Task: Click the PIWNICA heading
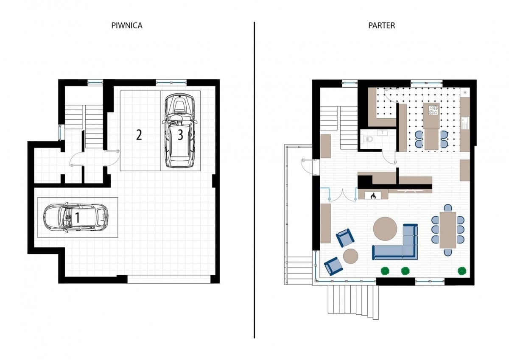point(127,25)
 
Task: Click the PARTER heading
point(381,25)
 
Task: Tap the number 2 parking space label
point(139,135)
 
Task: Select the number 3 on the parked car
point(180,135)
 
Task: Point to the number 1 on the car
point(78,218)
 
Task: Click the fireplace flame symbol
point(373,196)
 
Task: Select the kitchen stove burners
point(433,110)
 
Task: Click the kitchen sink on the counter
point(465,123)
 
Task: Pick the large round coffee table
point(385,229)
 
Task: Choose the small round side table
point(351,256)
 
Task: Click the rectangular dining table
point(447,230)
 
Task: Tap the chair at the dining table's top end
point(447,208)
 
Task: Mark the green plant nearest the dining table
point(462,271)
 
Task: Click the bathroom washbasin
point(383,132)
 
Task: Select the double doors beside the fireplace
point(342,195)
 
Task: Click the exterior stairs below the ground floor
point(353,302)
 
